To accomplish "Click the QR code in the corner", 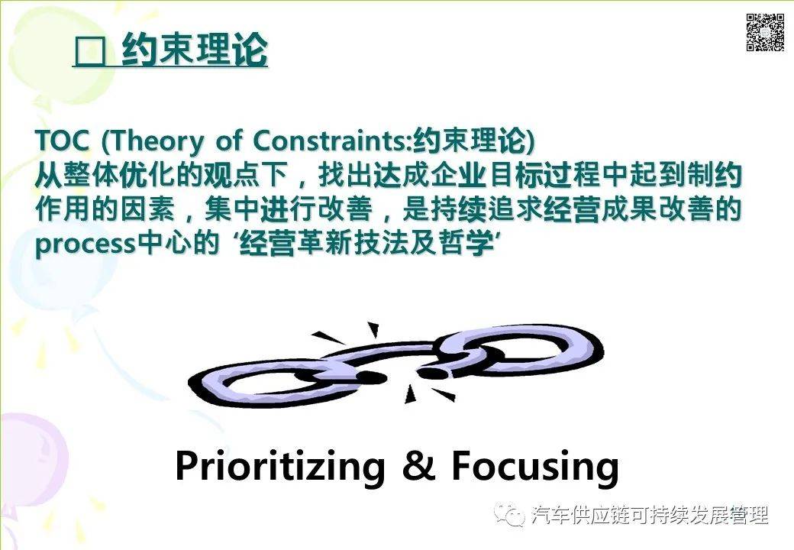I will click(765, 32).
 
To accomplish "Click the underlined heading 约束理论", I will click(195, 51).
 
